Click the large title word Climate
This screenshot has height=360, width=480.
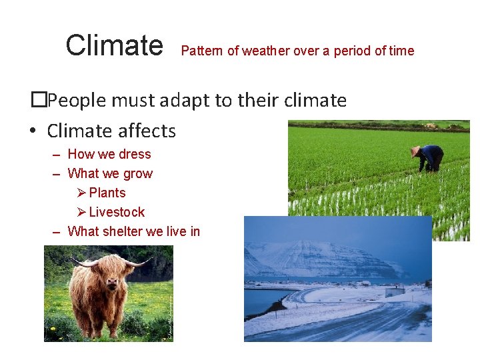114,46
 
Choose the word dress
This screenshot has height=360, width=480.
135,154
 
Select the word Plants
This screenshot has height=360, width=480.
107,193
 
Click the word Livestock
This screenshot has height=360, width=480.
117,212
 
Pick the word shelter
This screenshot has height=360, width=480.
126,231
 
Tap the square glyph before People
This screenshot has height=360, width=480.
39,101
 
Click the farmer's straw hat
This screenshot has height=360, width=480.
416,150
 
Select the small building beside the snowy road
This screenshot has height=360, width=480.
395,291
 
